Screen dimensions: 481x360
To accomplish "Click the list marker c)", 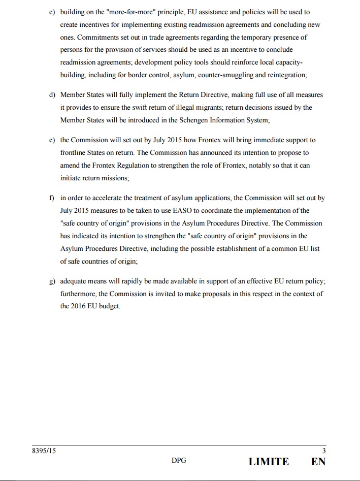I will pos(52,12).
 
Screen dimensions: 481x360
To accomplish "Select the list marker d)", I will pos(52,95).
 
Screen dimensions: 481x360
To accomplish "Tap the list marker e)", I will pos(52,140).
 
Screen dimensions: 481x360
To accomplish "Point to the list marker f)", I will pos(51,198).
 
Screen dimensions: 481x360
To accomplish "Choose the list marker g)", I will pos(52,281).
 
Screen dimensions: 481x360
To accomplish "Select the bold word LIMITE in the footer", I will pos(269,462).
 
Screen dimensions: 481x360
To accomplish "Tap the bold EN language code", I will pos(318,462).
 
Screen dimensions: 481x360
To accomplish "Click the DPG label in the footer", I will pos(179,461).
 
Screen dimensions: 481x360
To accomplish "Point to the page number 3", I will pos(324,451).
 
